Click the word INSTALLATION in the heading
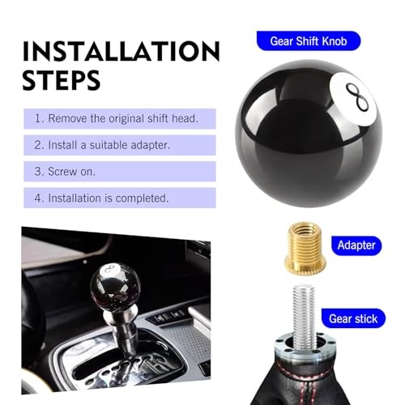(x=121, y=51)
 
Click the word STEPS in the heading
(x=62, y=80)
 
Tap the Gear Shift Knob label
(x=309, y=41)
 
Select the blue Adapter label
(x=356, y=245)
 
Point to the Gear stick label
(x=353, y=318)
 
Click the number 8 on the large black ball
(x=357, y=96)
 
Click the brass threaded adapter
(x=305, y=247)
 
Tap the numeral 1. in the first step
(x=39, y=119)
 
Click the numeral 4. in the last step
(x=39, y=198)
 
